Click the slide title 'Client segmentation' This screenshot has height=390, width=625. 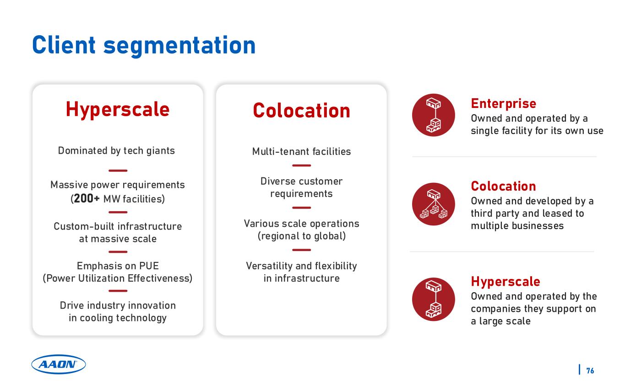tap(144, 46)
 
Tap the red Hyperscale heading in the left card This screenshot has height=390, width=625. tap(118, 109)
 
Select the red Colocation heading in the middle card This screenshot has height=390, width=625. tap(301, 111)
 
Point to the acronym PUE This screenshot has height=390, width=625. tap(149, 266)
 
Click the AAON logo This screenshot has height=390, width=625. tap(58, 364)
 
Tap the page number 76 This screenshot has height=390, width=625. tap(590, 371)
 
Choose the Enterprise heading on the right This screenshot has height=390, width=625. tap(503, 103)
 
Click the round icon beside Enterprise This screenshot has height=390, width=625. tap(433, 115)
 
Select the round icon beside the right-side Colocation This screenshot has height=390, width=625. tap(433, 204)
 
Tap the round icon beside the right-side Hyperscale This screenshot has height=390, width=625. tap(433, 299)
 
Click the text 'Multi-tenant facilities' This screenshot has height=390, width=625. tap(301, 151)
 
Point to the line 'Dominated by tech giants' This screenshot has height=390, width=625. tap(116, 151)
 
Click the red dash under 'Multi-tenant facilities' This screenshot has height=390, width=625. tap(301, 166)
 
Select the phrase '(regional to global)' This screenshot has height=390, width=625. tap(302, 236)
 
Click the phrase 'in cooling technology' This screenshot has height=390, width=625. tap(118, 318)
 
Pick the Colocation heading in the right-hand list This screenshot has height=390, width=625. tap(503, 186)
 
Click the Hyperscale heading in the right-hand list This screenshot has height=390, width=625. tap(505, 281)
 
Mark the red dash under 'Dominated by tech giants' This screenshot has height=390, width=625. tap(118, 171)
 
